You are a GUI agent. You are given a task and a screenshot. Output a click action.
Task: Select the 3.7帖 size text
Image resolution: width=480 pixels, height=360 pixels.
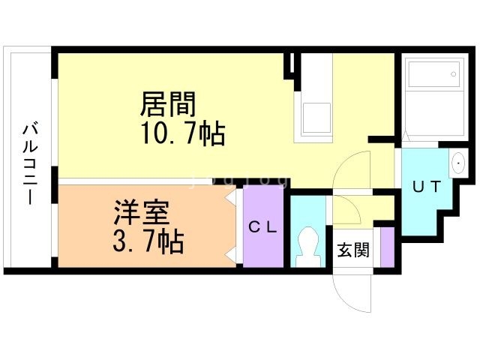[x=150, y=241]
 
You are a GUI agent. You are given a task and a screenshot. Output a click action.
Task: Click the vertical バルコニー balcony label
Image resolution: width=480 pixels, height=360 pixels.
[x=28, y=162]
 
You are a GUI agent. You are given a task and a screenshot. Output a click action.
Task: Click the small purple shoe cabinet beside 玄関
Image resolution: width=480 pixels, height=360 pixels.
[x=387, y=246]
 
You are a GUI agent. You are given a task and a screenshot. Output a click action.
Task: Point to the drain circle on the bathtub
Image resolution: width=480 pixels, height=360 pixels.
[x=452, y=73]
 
